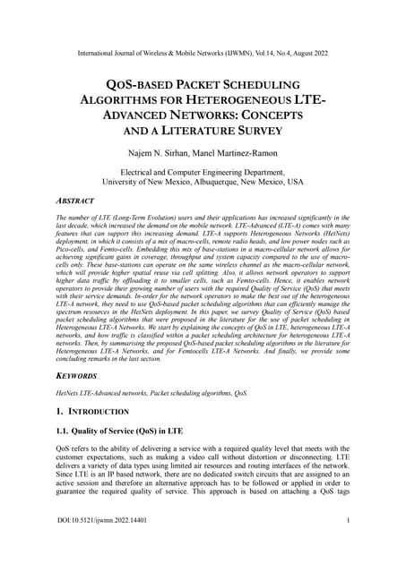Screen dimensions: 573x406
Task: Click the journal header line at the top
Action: [x=203, y=54]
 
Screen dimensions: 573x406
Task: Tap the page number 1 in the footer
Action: [x=346, y=544]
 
